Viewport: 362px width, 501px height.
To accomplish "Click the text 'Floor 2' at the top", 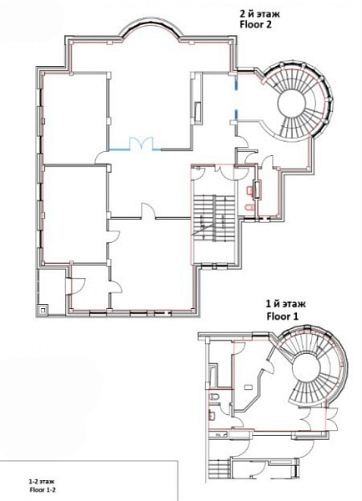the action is [255, 24].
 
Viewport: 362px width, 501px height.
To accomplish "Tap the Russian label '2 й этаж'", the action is [259, 14].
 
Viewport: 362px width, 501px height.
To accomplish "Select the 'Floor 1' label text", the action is [283, 316].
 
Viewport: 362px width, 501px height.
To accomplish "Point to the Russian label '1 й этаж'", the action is [286, 304].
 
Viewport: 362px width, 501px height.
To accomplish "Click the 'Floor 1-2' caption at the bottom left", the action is [40, 489].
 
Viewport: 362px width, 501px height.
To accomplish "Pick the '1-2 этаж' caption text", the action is [41, 482].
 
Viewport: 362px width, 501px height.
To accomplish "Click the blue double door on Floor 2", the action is [141, 144].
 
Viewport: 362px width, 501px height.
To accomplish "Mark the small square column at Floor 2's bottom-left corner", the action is [43, 309].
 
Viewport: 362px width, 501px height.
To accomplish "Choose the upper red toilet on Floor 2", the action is [249, 190].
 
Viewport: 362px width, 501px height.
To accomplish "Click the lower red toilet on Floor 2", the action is [249, 208].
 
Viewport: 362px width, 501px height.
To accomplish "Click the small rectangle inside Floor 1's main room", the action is [248, 387].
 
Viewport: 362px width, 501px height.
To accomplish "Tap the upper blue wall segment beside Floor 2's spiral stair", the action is [236, 83].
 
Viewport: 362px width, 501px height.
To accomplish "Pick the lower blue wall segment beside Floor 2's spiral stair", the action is [236, 115].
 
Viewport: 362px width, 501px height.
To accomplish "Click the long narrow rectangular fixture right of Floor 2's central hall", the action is [199, 112].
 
